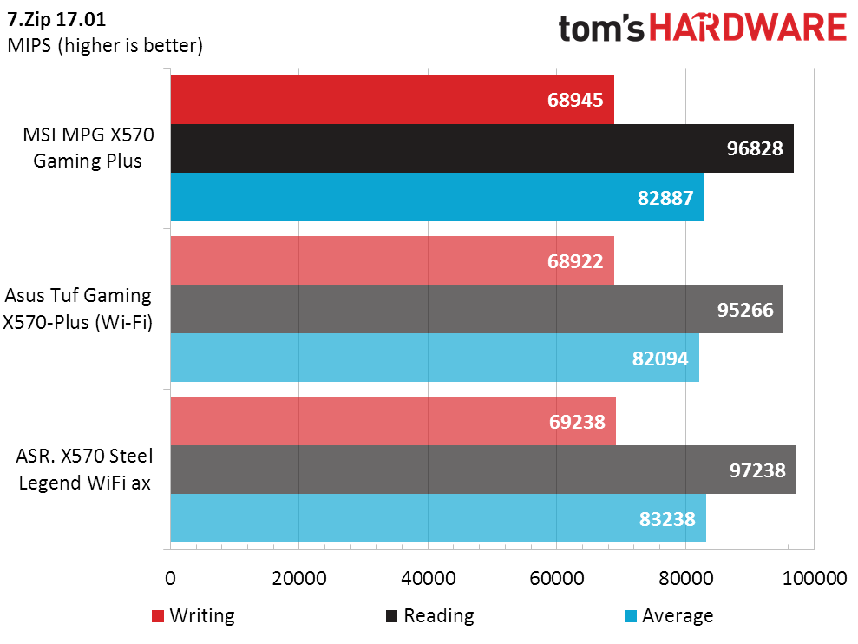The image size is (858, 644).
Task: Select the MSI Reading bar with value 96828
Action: pyautogui.click(x=481, y=148)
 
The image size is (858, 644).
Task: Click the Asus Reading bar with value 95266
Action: pyautogui.click(x=476, y=309)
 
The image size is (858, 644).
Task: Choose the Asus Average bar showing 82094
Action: pyautogui.click(x=434, y=358)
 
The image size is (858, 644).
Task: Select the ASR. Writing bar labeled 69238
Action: pyautogui.click(x=393, y=421)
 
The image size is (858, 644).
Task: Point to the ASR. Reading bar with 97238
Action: pyautogui.click(x=483, y=470)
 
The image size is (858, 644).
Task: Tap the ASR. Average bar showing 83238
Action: pyautogui.click(x=438, y=518)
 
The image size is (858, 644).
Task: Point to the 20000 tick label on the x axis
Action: pyautogui.click(x=298, y=579)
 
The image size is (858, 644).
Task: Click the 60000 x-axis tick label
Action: pyautogui.click(x=556, y=579)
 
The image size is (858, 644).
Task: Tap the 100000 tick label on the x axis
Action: pyautogui.click(x=814, y=579)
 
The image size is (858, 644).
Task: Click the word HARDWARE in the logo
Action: pyautogui.click(x=749, y=28)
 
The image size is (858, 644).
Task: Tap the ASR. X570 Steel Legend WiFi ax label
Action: pyautogui.click(x=84, y=470)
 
